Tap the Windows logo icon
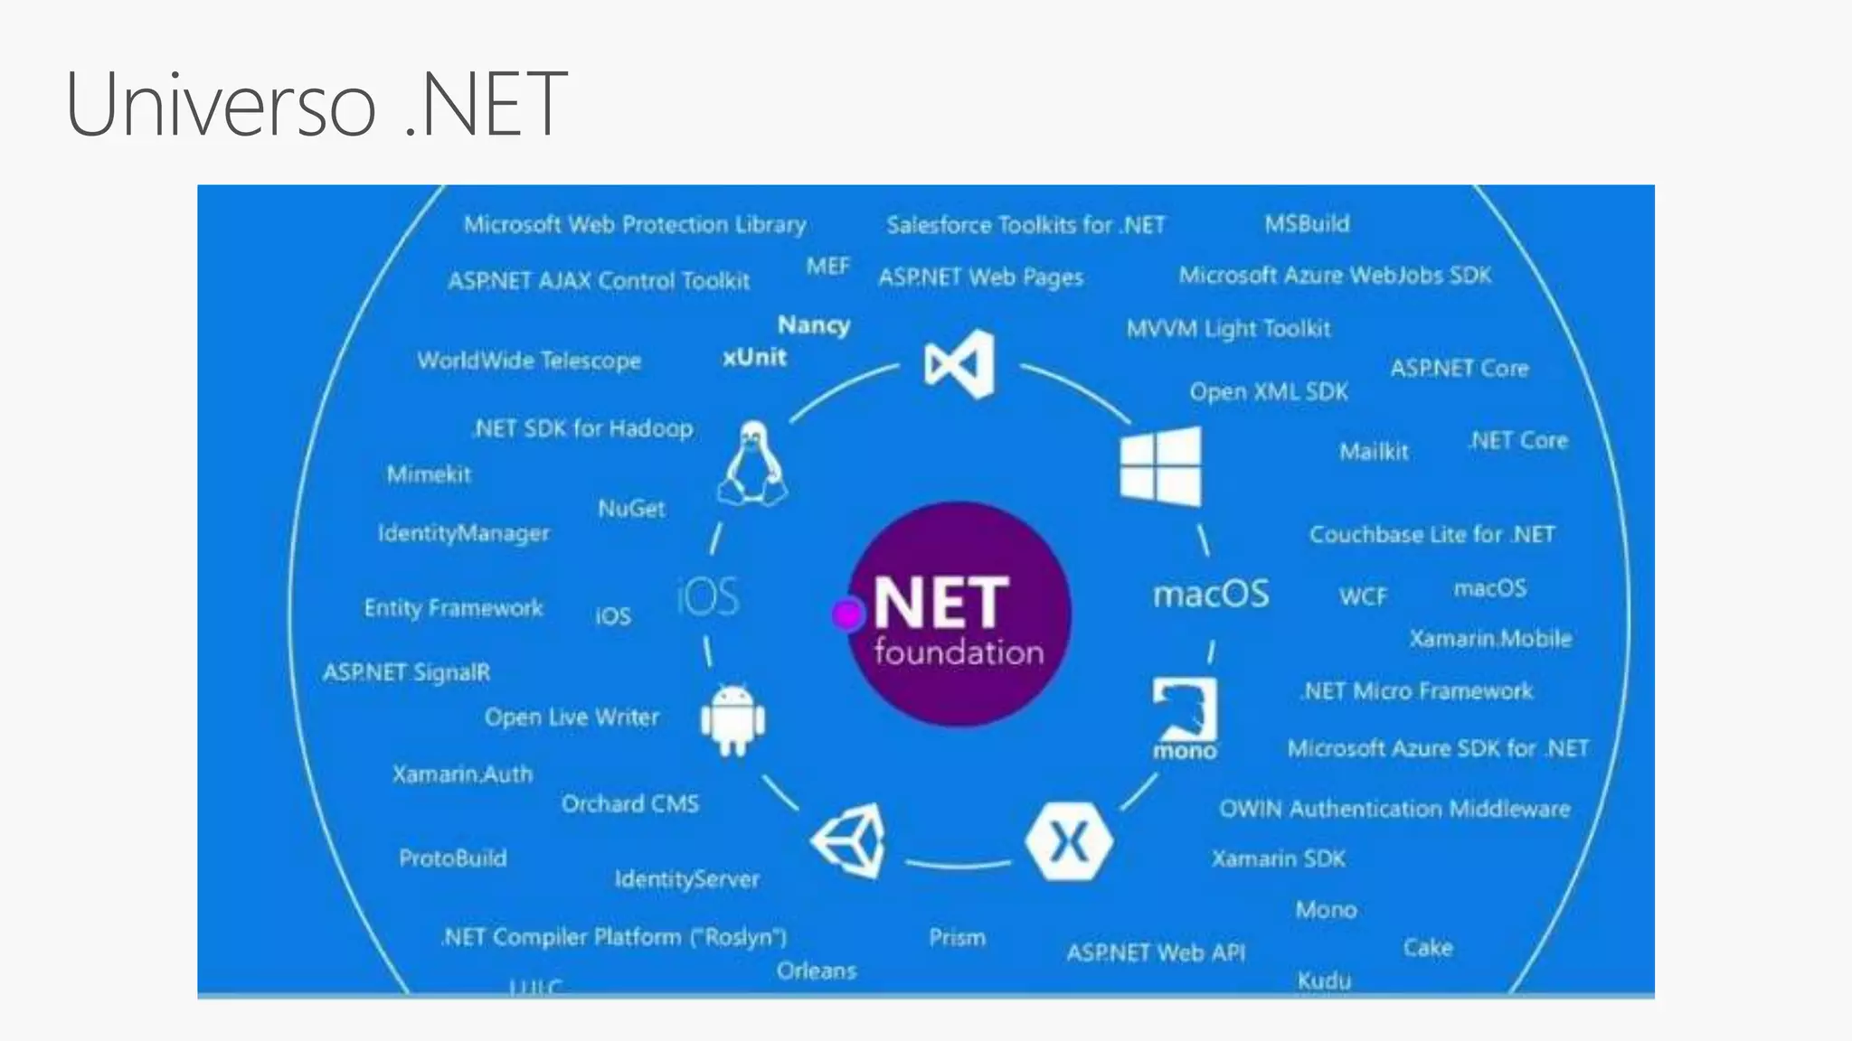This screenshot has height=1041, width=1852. tap(1160, 466)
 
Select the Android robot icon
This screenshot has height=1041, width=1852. tap(732, 719)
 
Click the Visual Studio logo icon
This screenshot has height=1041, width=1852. tap(960, 364)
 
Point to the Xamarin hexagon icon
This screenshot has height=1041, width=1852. tap(1069, 841)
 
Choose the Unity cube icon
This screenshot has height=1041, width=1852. tap(850, 840)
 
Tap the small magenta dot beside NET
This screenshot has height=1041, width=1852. tap(847, 615)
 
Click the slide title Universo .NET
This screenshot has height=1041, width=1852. tap(317, 105)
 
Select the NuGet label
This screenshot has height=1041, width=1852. tap(631, 509)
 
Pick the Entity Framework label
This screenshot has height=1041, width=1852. tap(453, 608)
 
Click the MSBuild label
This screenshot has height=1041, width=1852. tap(1307, 224)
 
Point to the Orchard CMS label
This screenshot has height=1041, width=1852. tap(630, 803)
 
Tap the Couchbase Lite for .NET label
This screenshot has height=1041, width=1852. tap(1432, 535)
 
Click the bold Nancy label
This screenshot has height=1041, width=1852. tap(814, 325)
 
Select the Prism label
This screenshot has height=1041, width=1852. tap(957, 938)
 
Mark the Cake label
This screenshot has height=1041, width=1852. tap(1428, 948)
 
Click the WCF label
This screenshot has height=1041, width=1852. tap(1363, 596)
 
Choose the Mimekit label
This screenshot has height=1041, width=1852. tap(429, 474)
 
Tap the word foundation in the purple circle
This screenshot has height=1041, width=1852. tap(959, 652)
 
